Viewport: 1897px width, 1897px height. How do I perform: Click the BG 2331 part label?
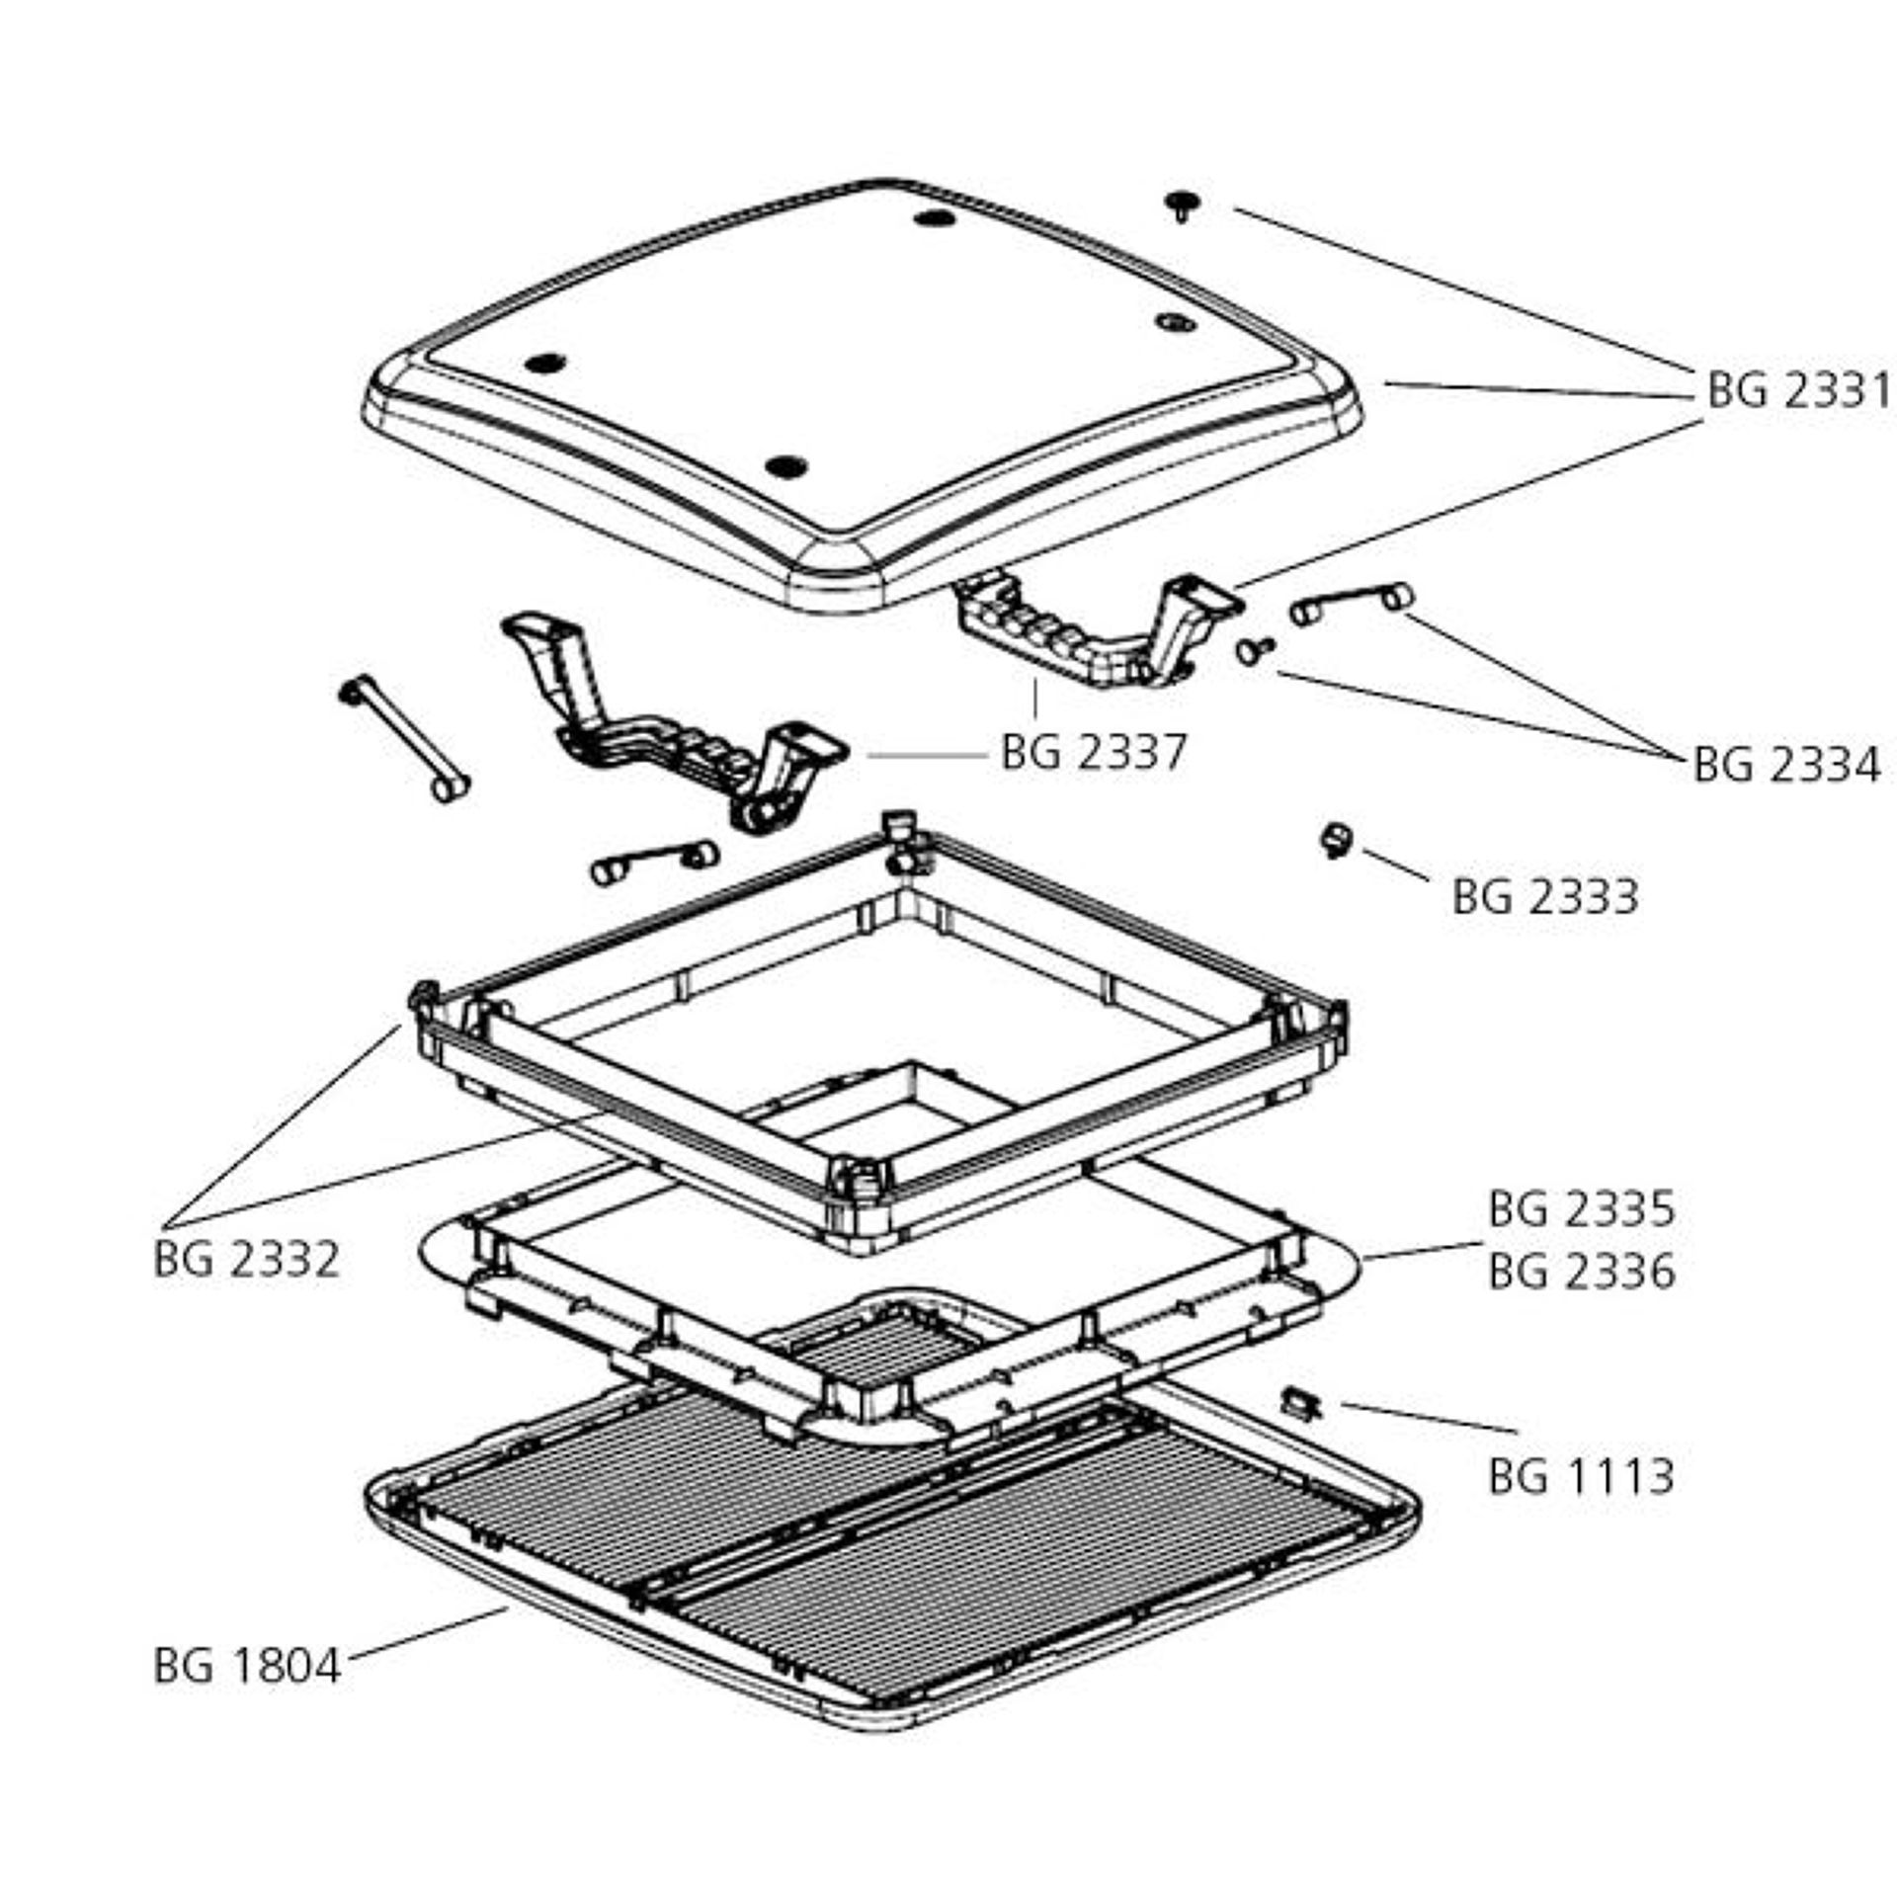point(1797,391)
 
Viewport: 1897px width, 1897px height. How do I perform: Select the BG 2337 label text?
point(1093,753)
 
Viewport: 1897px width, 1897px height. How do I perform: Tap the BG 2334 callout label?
point(1786,766)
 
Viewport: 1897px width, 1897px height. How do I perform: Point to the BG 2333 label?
point(1545,897)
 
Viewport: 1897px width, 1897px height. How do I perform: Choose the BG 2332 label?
point(247,1260)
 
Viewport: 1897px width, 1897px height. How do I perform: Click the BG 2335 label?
point(1582,1209)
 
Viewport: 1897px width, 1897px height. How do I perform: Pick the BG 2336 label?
point(1582,1272)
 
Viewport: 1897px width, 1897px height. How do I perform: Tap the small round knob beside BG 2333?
point(1336,840)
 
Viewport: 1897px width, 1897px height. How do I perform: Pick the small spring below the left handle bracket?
point(653,863)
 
